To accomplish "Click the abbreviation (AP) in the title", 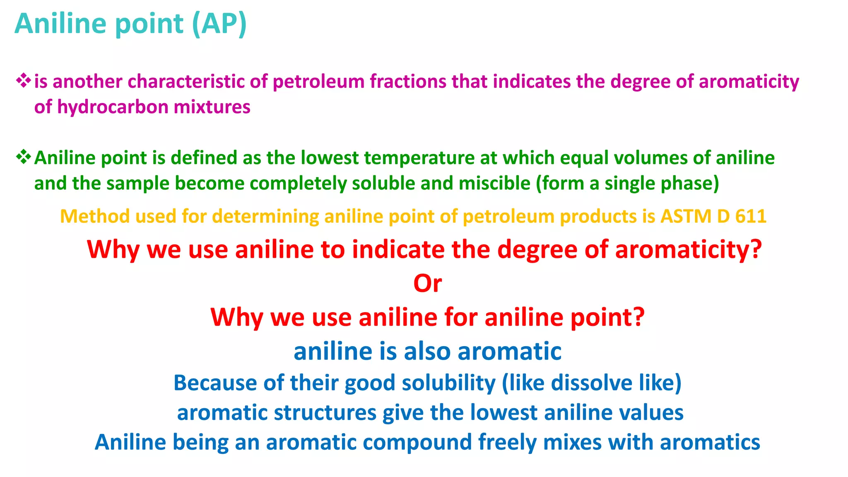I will click(x=219, y=24).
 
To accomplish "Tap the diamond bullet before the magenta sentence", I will click(x=23, y=80).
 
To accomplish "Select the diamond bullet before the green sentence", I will click(x=23, y=157).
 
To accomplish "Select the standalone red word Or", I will click(x=427, y=284).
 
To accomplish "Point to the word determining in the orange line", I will click(x=265, y=217).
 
